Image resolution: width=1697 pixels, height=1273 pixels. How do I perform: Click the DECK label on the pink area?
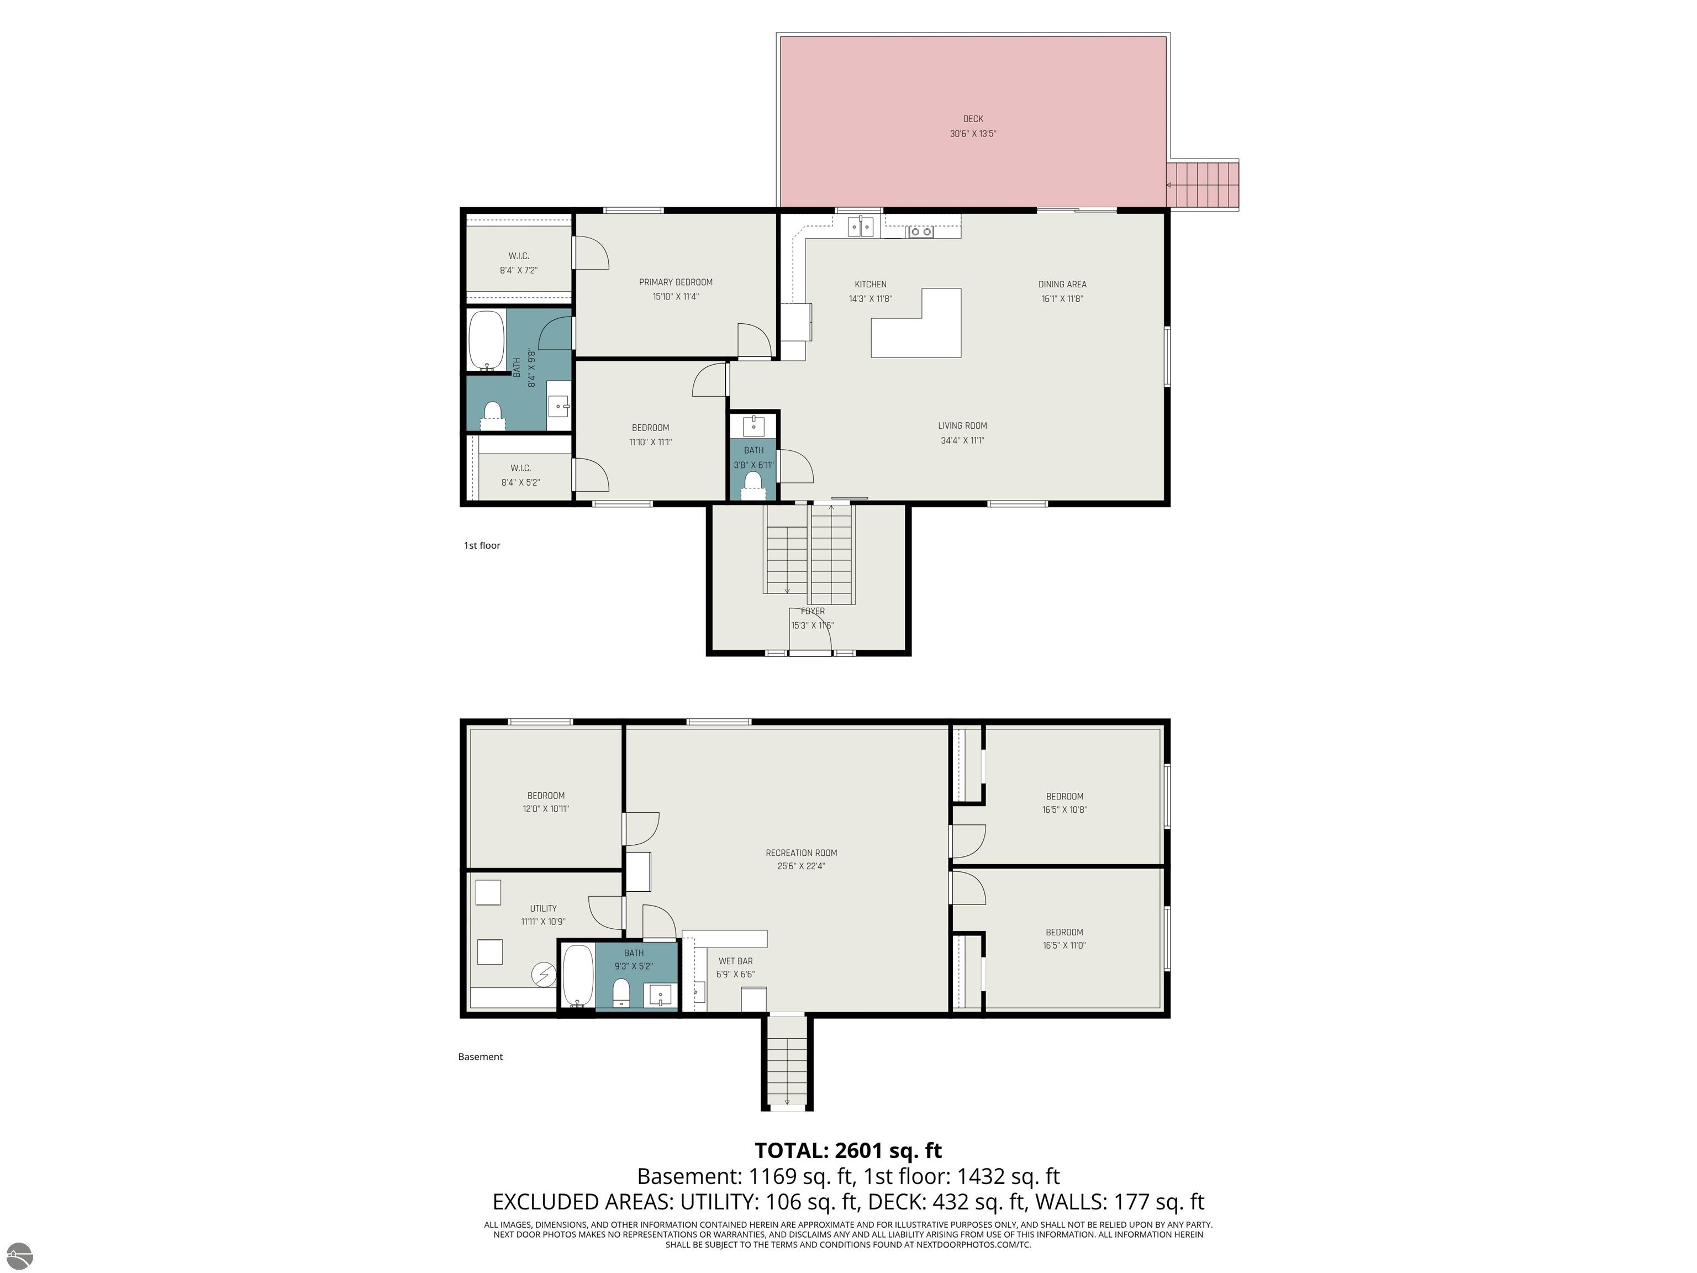tap(973, 119)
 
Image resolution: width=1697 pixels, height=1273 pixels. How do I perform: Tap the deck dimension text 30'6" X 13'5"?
tap(973, 134)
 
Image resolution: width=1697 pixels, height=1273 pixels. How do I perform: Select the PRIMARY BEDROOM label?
tap(676, 282)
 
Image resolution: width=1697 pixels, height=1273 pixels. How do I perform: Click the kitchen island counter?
tap(916, 323)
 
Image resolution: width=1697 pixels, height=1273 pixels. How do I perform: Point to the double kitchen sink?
tap(861, 227)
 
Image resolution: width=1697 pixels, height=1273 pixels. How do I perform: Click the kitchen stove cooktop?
tap(921, 231)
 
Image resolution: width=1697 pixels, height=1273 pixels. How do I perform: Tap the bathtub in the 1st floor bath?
tap(486, 340)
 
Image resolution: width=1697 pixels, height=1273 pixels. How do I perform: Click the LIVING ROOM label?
tap(962, 426)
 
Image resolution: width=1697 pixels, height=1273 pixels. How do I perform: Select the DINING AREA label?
tap(1062, 285)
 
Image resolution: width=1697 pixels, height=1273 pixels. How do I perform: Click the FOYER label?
tap(813, 612)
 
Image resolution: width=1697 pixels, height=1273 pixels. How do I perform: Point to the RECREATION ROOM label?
tap(801, 853)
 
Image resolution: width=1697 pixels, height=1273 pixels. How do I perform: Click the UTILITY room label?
tap(543, 908)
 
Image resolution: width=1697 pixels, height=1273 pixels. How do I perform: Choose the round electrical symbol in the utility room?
tap(544, 975)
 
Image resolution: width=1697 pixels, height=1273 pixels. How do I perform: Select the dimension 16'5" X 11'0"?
tap(1064, 946)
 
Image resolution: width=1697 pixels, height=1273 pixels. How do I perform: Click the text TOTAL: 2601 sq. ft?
tap(848, 1150)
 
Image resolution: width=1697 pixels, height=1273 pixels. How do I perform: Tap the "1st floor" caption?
tap(482, 545)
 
